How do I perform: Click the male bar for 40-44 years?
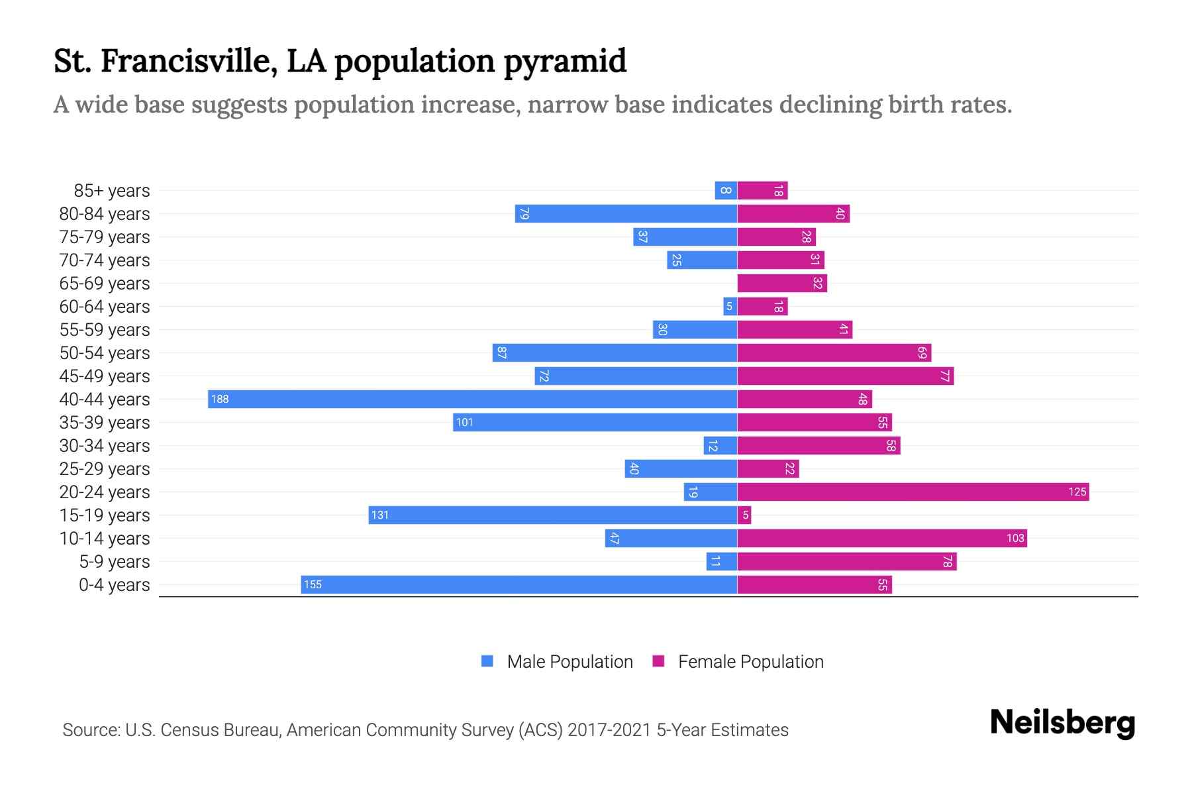pos(472,399)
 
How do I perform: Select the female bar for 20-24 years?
pos(913,492)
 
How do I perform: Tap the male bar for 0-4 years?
pos(519,584)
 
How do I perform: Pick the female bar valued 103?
pos(881,538)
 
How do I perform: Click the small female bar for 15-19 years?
pos(744,515)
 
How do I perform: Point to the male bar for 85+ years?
pos(726,190)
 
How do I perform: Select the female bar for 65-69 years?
pos(782,283)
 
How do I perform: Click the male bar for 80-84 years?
pos(626,213)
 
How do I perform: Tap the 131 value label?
pos(380,515)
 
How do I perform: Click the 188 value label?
pos(220,399)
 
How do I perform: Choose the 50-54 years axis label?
pos(105,352)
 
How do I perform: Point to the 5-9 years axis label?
pos(115,561)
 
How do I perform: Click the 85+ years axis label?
pos(112,190)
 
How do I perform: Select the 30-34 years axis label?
pos(105,445)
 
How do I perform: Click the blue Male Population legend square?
pos(487,661)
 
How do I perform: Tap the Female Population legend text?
pos(750,661)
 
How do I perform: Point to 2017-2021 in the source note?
pos(609,729)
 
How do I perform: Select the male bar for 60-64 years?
pos(730,306)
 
